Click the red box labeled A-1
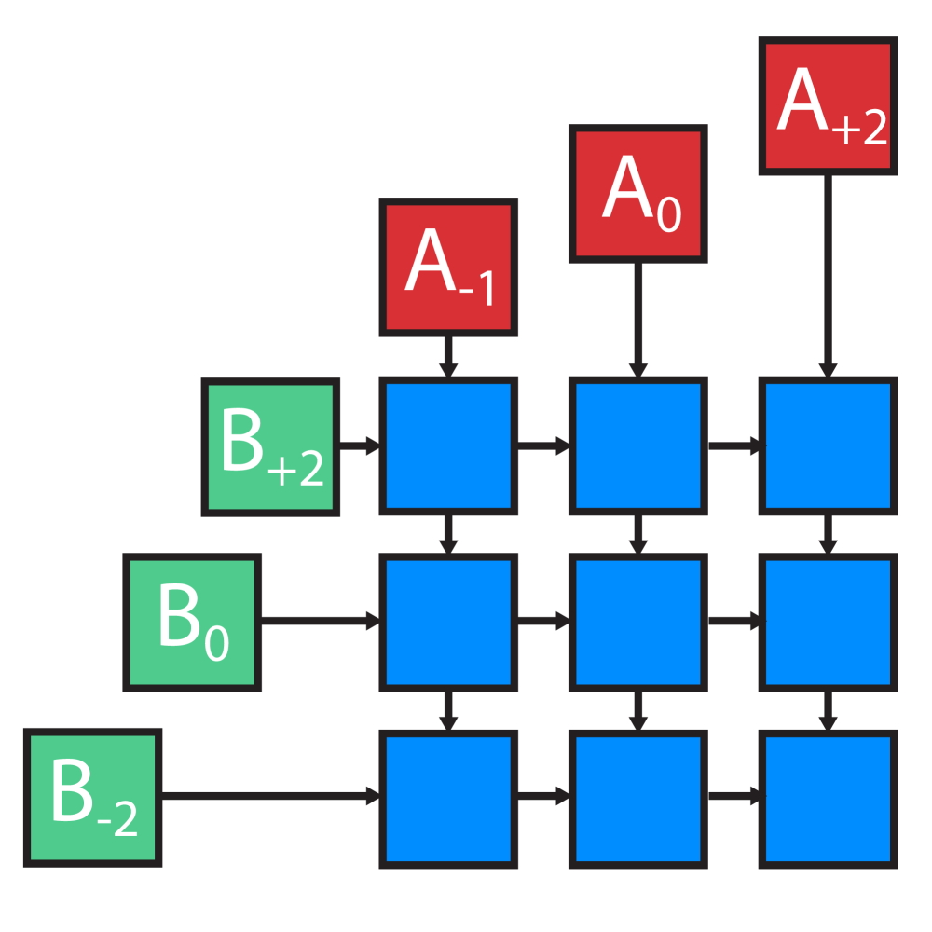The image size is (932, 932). (x=448, y=267)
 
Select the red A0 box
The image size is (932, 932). (x=638, y=193)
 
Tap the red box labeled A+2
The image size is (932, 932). (x=828, y=106)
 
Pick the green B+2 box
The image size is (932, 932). (x=271, y=446)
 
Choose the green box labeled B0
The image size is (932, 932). (x=192, y=622)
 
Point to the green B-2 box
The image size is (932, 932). (x=93, y=797)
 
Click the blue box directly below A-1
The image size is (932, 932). (x=448, y=446)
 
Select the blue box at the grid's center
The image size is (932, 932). (x=638, y=622)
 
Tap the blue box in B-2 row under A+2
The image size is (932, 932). (x=828, y=799)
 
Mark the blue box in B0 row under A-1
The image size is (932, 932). (x=448, y=622)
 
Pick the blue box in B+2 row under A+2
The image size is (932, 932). (x=828, y=446)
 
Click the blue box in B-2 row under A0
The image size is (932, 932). (x=638, y=799)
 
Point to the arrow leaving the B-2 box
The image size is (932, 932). (x=270, y=797)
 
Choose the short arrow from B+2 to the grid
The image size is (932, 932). (x=360, y=446)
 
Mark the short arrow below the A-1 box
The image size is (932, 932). (x=448, y=356)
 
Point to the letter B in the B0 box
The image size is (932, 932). (x=176, y=617)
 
